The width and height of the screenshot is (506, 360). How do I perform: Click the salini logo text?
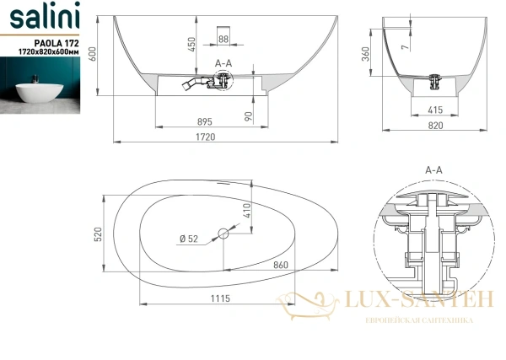[x=45, y=15]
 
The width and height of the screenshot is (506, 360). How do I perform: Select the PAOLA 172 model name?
[x=57, y=43]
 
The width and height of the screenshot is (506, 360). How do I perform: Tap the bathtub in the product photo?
[x=40, y=93]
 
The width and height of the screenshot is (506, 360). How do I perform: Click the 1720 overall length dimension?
[x=206, y=137]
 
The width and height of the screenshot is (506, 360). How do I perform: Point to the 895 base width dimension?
[x=205, y=122]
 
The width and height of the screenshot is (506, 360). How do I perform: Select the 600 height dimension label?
[x=92, y=55]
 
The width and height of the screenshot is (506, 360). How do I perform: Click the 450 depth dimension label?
[x=191, y=45]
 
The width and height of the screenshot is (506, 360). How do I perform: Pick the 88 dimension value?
[x=223, y=39]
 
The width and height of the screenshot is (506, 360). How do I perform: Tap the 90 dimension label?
[x=248, y=116]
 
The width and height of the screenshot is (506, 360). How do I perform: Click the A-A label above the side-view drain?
[x=223, y=63]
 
